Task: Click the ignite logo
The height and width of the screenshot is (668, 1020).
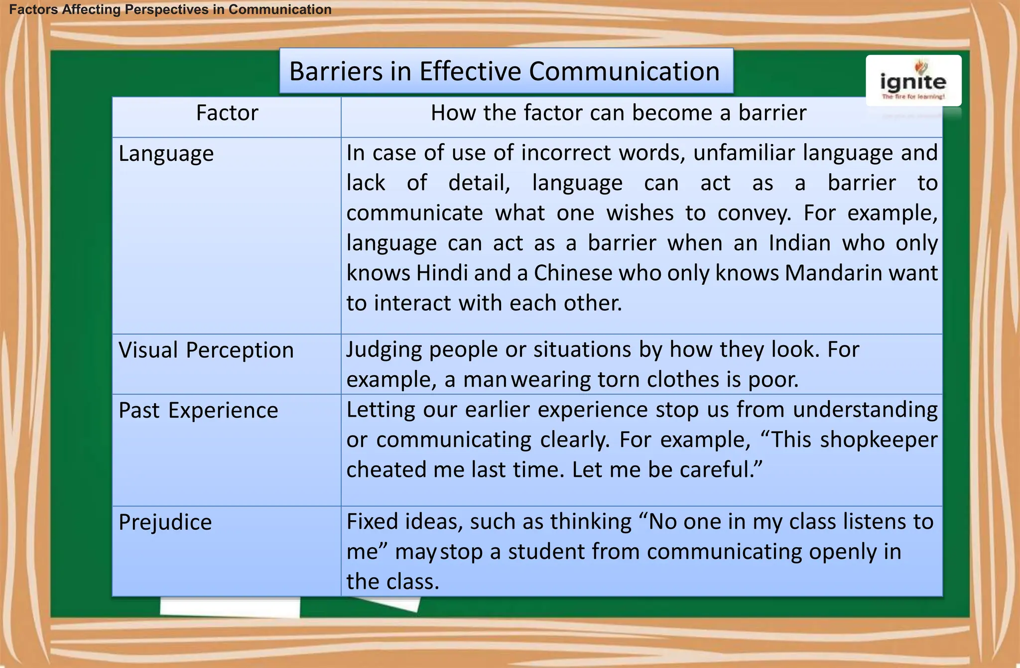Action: tap(913, 81)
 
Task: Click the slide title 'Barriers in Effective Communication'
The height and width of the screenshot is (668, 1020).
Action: tap(505, 71)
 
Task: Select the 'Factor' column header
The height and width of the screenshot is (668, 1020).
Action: tap(227, 113)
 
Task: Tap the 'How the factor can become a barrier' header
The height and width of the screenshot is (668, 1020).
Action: tap(618, 113)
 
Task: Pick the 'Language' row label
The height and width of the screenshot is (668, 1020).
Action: tap(166, 154)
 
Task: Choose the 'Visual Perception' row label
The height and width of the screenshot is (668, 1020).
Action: tap(206, 350)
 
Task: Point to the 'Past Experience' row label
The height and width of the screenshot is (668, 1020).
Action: tap(198, 411)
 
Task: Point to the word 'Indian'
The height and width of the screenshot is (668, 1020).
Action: tap(799, 243)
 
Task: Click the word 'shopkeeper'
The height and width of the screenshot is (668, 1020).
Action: tap(879, 440)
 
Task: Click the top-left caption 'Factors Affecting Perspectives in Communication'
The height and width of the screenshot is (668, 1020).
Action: tap(170, 9)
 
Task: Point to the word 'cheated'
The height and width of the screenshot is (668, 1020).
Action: tap(386, 470)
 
